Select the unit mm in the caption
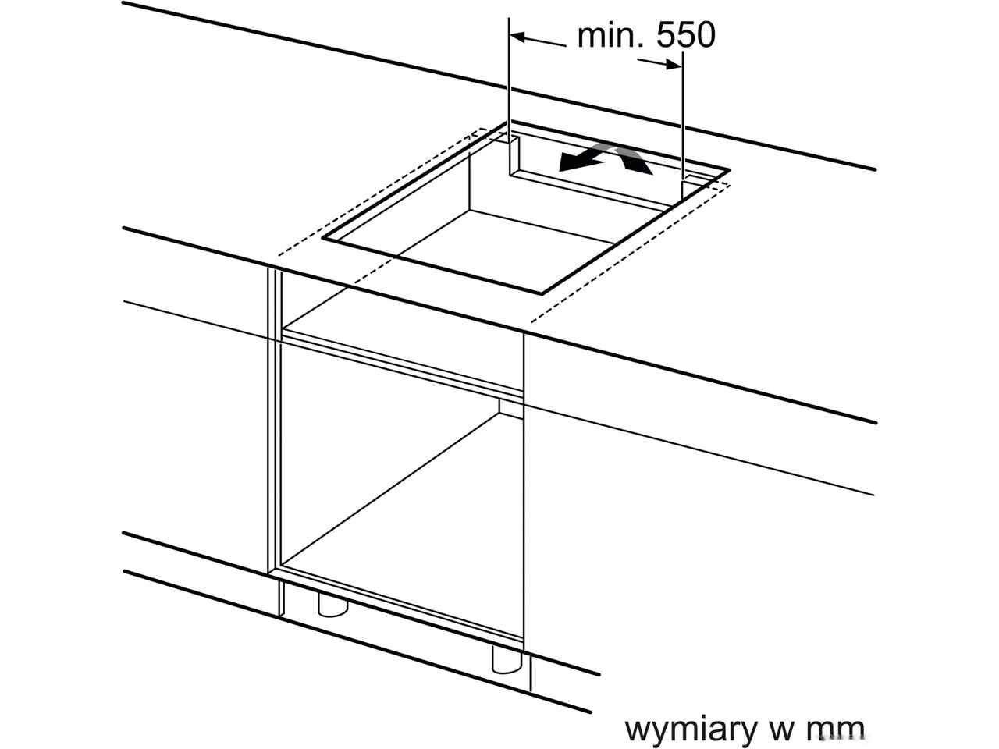[837, 729]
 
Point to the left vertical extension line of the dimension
[509, 78]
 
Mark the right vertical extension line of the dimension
[684, 109]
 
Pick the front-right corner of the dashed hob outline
[532, 321]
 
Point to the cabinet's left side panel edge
[274, 421]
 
